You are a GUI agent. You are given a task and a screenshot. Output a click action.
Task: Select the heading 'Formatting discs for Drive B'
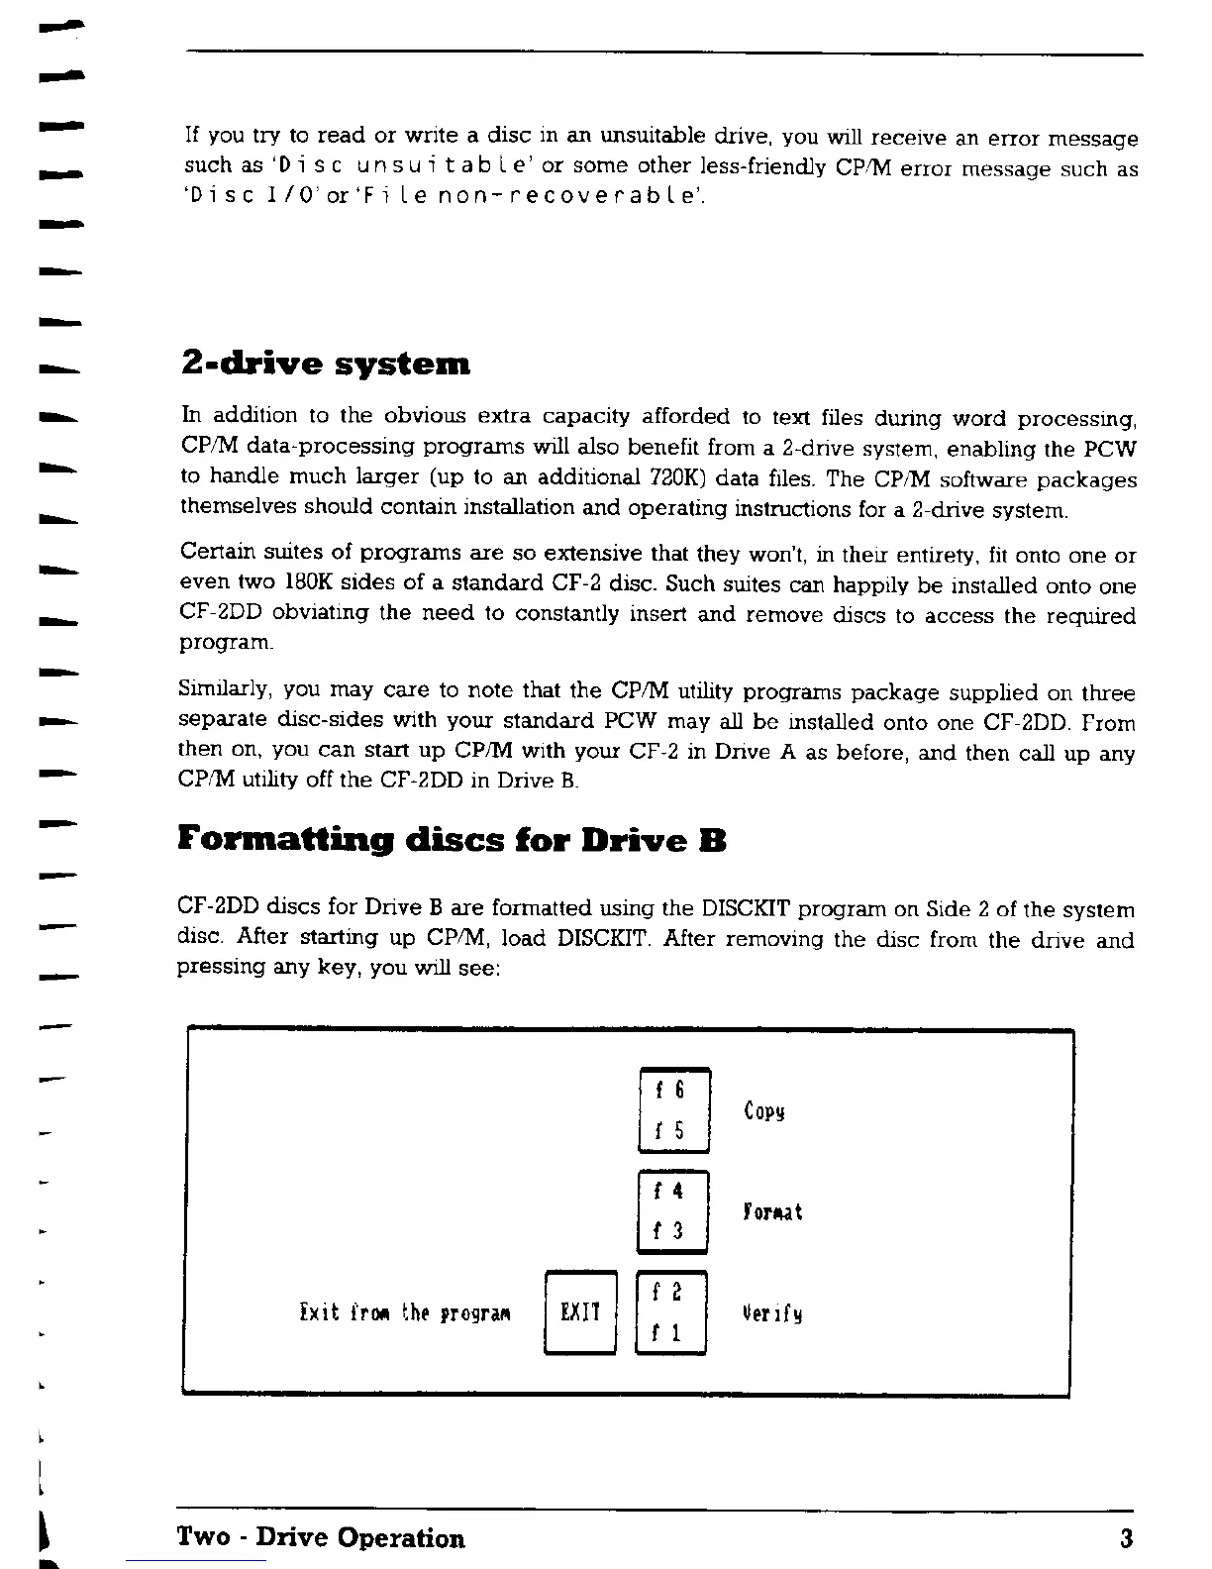pyautogui.click(x=452, y=841)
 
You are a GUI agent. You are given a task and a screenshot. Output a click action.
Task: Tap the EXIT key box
pyautogui.click(x=580, y=1313)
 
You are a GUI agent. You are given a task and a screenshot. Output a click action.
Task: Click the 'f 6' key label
pyautogui.click(x=671, y=1090)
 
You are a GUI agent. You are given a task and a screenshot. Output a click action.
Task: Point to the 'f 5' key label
pyautogui.click(x=671, y=1129)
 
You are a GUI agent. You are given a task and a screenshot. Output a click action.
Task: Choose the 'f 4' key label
pyautogui.click(x=671, y=1192)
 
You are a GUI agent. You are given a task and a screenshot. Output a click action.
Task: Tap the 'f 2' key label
pyautogui.click(x=669, y=1293)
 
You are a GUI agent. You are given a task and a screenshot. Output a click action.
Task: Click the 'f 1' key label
pyautogui.click(x=669, y=1333)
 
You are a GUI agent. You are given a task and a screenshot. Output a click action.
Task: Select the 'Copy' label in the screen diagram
pyautogui.click(x=763, y=1110)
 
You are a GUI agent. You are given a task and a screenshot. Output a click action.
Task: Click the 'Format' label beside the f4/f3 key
pyautogui.click(x=771, y=1211)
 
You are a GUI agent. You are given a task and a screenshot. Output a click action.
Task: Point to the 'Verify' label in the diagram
pyautogui.click(x=771, y=1314)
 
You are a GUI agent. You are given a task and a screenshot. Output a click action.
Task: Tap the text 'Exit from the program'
pyautogui.click(x=404, y=1313)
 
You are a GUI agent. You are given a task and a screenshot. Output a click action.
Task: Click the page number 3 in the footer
pyautogui.click(x=1126, y=1538)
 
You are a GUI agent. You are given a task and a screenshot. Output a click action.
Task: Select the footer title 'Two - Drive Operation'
pyautogui.click(x=320, y=1538)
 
